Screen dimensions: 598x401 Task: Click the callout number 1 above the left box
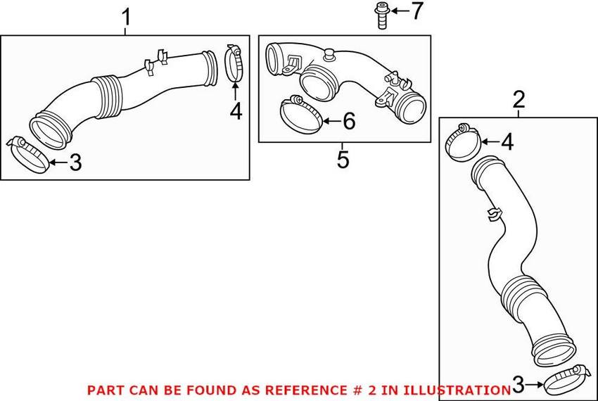pos(126,18)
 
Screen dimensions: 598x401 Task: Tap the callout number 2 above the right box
pos(519,99)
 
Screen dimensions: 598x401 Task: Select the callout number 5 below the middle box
pos(343,159)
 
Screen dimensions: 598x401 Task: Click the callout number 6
pos(349,121)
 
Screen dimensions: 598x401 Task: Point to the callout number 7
pos(417,11)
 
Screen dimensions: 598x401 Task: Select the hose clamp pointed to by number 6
pos(300,114)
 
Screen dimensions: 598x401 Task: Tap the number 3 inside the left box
pos(75,162)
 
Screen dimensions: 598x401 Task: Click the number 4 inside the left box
pos(236,111)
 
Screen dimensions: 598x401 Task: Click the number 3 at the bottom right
pos(518,385)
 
